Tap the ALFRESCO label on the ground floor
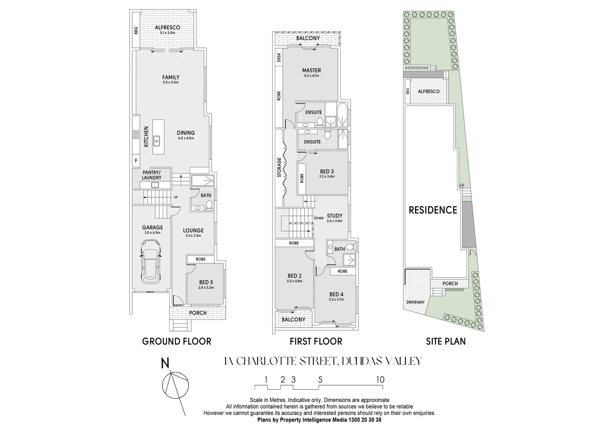tap(167, 27)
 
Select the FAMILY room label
tap(171, 77)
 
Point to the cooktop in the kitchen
tap(136, 134)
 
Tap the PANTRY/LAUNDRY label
tap(151, 175)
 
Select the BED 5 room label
tap(206, 282)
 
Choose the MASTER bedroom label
tap(311, 70)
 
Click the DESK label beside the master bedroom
tap(279, 58)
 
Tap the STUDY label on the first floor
tap(334, 216)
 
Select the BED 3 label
tap(327, 171)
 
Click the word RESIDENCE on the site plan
tap(433, 210)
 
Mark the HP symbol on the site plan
tap(461, 186)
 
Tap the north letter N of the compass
tap(165, 363)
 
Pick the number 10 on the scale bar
tap(380, 380)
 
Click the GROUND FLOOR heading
tap(176, 342)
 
